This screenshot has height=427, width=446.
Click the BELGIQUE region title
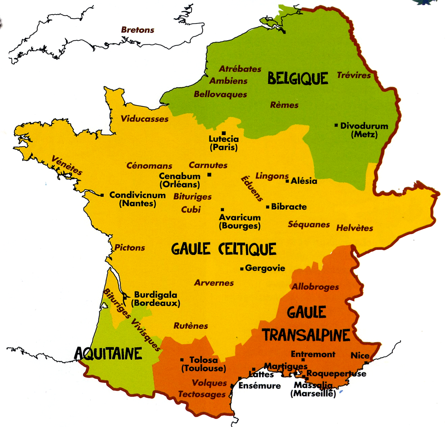[x=298, y=79]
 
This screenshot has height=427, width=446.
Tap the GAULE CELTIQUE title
[x=223, y=249]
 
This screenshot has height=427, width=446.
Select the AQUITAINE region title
[x=108, y=354]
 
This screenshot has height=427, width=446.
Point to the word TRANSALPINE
[x=306, y=335]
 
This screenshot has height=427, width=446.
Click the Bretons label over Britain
[x=138, y=30]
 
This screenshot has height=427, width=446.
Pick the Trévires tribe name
[x=354, y=75]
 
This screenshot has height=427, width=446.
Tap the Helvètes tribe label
[x=354, y=228]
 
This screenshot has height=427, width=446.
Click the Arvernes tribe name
[x=214, y=283]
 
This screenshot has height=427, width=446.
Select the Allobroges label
[x=315, y=287]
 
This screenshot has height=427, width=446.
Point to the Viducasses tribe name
[x=144, y=119]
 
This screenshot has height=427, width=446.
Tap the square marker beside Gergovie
[x=242, y=269]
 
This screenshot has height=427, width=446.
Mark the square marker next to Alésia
[x=287, y=181]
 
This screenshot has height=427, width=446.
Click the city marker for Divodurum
[x=336, y=125]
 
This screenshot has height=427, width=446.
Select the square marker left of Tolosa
[x=182, y=360]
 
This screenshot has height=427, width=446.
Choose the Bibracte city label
[x=289, y=207]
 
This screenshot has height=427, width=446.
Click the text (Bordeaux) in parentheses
[x=156, y=303]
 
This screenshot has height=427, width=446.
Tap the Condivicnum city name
[x=138, y=195]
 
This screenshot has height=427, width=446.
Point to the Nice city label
[x=360, y=356]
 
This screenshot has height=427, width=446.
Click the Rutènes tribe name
[x=191, y=326]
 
